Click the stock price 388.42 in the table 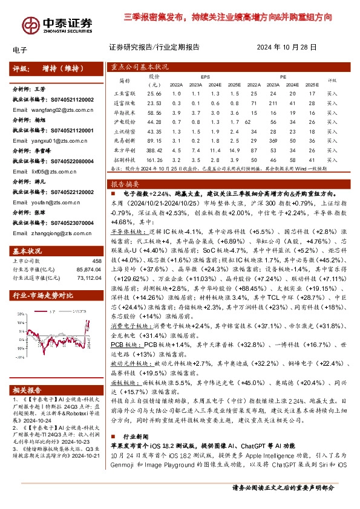coord(155,149)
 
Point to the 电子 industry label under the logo coord(18,50)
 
